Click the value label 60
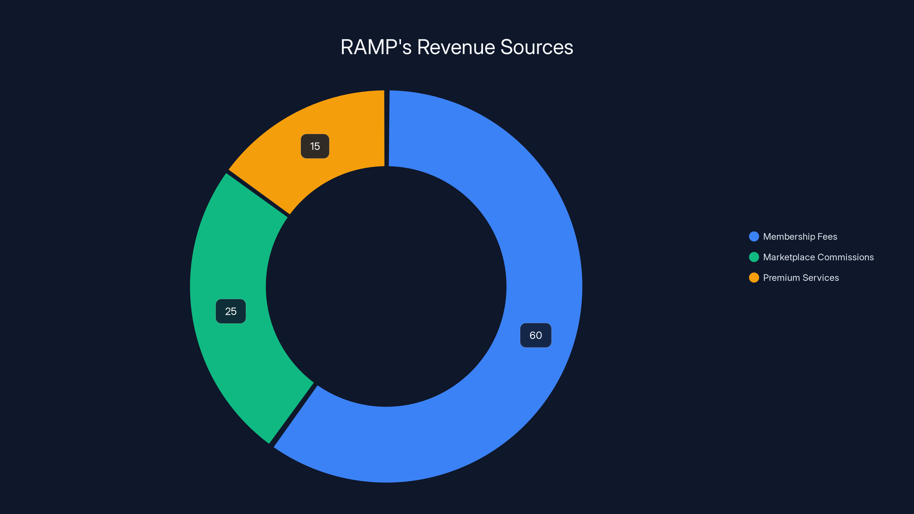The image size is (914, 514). [536, 335]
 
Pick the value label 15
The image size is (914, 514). [315, 146]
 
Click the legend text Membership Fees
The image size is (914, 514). [800, 237]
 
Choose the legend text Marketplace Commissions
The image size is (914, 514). [818, 257]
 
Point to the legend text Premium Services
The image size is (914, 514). [801, 278]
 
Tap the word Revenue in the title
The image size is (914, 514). [456, 47]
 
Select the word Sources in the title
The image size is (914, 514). [536, 47]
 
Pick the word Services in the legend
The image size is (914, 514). [821, 278]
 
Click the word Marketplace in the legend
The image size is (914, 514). [789, 257]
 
